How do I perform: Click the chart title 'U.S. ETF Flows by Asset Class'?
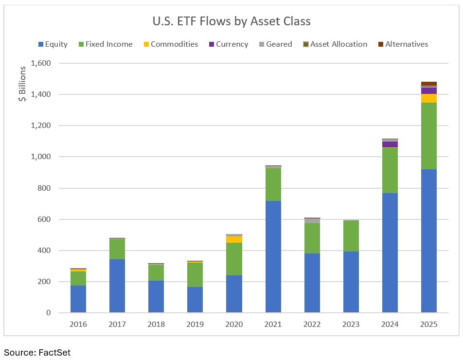(x=231, y=21)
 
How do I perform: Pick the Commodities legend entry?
(x=170, y=44)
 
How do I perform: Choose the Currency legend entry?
(x=228, y=44)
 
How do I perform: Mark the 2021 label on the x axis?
(x=273, y=324)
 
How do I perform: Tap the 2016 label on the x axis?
(x=78, y=324)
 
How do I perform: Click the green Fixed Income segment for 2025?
(x=428, y=136)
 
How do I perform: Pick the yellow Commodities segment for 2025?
(x=428, y=98)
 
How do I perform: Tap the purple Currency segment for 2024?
(x=390, y=144)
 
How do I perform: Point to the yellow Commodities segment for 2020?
(x=234, y=239)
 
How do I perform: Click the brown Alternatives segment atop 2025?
(x=428, y=84)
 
